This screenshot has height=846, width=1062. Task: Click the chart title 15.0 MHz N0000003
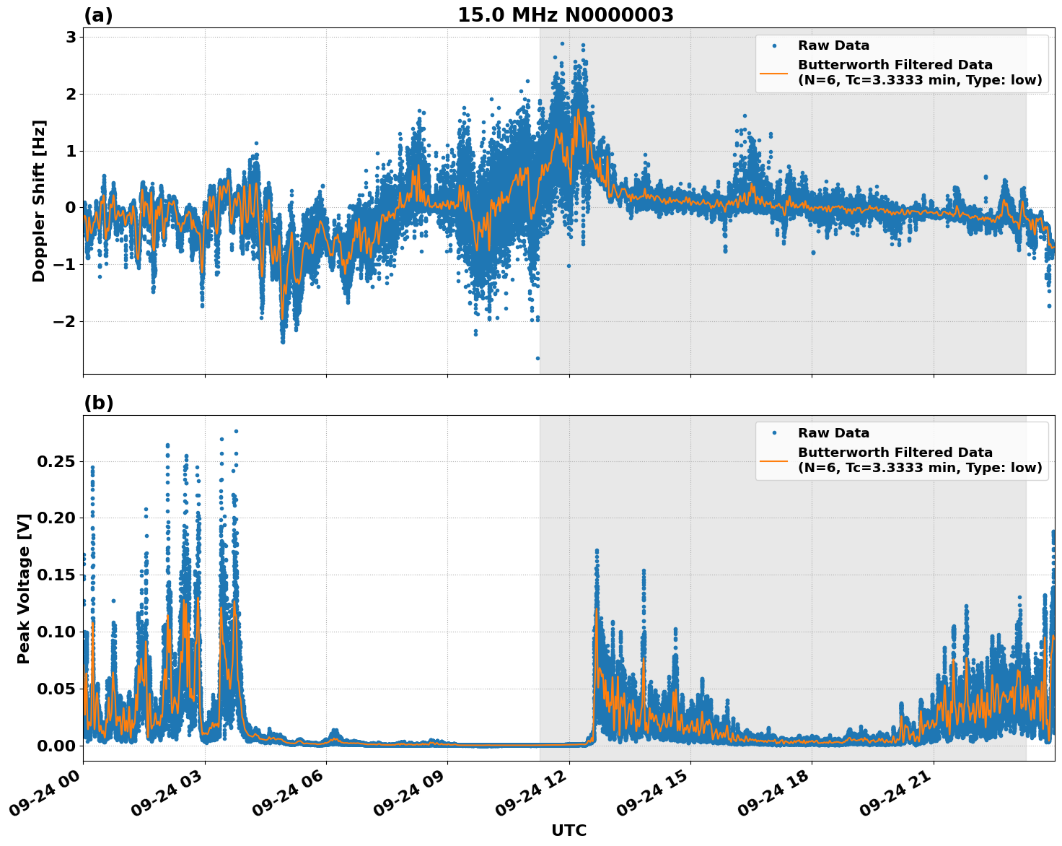[x=566, y=15]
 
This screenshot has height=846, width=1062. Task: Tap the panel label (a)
[x=98, y=15]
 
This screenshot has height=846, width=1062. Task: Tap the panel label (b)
[x=98, y=403]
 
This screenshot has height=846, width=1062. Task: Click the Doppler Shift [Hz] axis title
[x=39, y=201]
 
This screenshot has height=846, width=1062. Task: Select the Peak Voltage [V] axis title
[x=24, y=588]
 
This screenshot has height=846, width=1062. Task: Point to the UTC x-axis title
[x=569, y=830]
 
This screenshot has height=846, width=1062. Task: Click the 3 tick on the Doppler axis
[x=71, y=37]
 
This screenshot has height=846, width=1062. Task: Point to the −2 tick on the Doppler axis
[x=64, y=321]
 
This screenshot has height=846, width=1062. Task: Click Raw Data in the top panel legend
[x=833, y=45]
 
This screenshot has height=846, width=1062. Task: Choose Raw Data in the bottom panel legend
[x=833, y=433]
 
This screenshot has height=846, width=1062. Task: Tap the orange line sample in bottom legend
[x=774, y=460]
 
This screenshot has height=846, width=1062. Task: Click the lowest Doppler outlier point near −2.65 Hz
[x=537, y=358]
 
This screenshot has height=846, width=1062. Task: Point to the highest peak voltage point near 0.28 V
[x=236, y=431]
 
